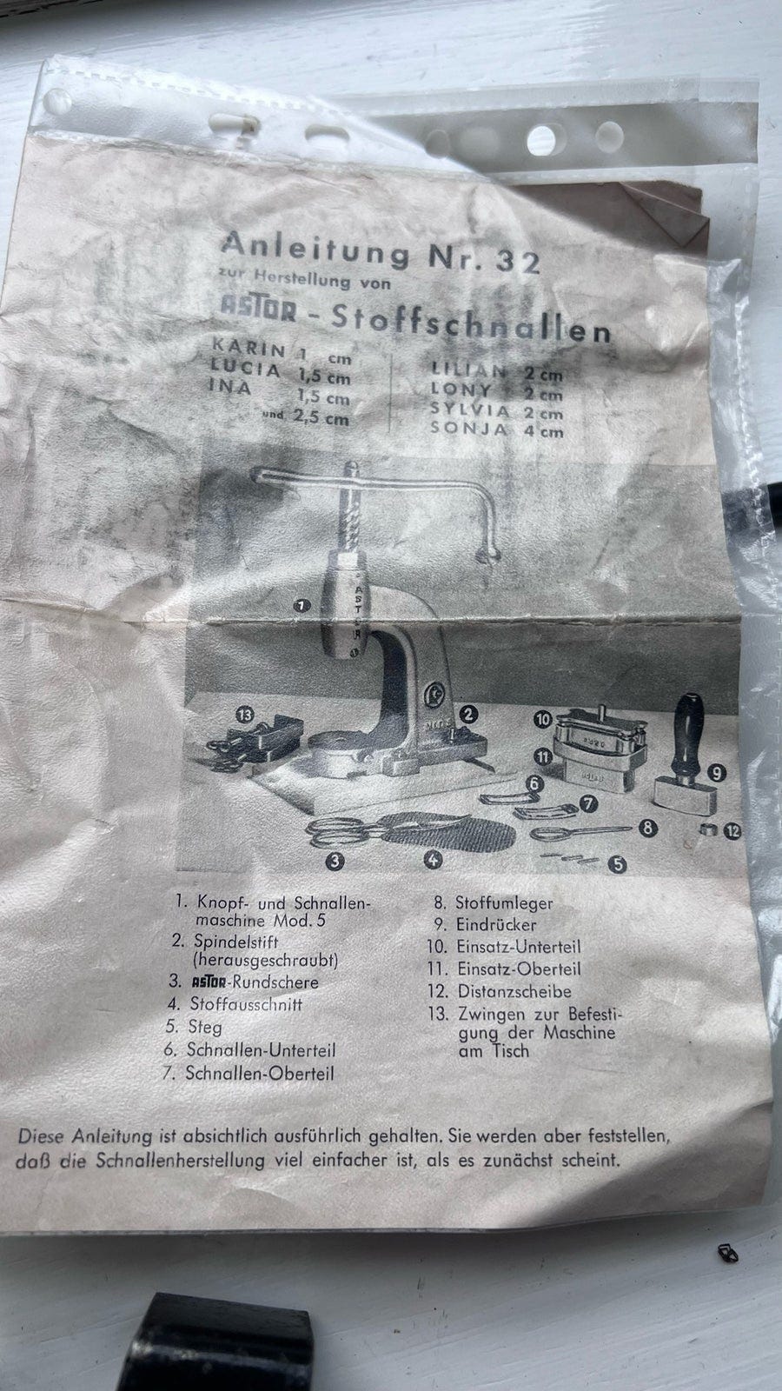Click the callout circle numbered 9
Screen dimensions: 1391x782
[x=717, y=770]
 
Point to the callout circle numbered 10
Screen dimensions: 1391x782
[x=543, y=720]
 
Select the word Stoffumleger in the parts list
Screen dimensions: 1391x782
[x=504, y=903]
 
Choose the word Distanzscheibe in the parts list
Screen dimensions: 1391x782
[x=514, y=991]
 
